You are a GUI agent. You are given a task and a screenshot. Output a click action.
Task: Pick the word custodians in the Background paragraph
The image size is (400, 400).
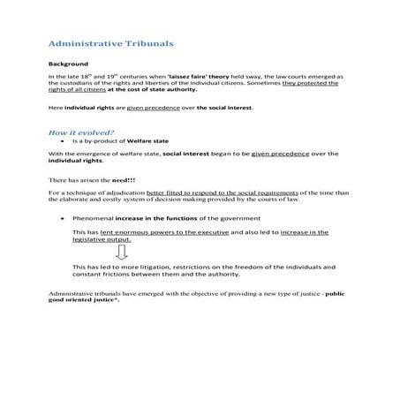[x=87, y=84]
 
